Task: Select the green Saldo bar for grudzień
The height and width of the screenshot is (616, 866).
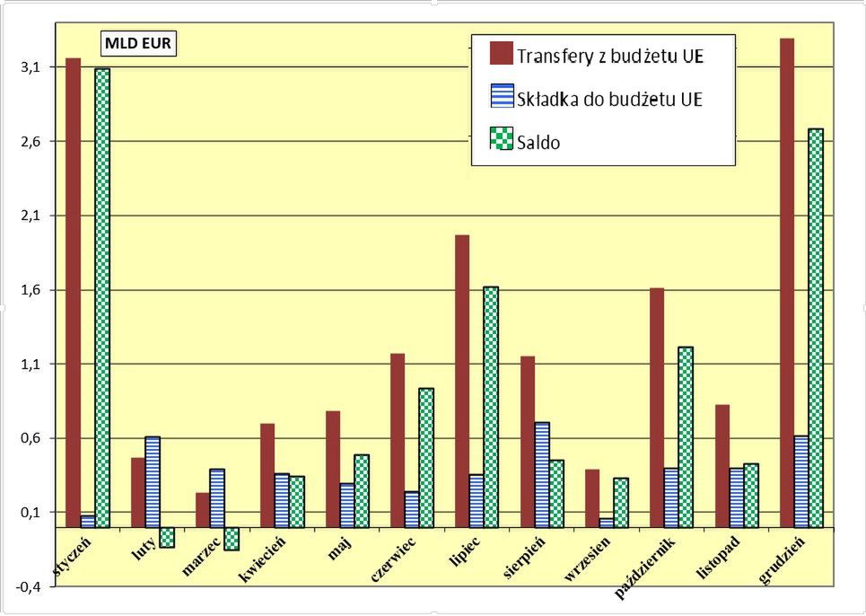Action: pyautogui.click(x=816, y=328)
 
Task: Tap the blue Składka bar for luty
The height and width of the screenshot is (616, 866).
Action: pyautogui.click(x=153, y=481)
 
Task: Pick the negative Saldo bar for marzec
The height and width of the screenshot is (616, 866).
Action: pyautogui.click(x=232, y=538)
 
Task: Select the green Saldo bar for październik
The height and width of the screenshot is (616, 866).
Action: pyautogui.click(x=686, y=436)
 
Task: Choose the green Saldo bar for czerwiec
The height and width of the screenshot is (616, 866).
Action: pyautogui.click(x=426, y=457)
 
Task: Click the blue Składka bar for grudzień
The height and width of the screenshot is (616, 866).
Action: pyautogui.click(x=801, y=481)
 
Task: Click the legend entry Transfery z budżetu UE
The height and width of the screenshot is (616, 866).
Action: pyautogui.click(x=609, y=56)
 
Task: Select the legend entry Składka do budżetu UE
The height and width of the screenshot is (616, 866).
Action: pyautogui.click(x=608, y=99)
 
